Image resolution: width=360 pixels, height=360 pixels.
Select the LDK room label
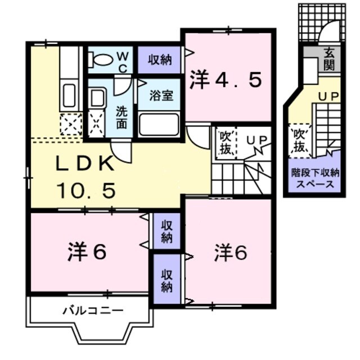click(85, 163)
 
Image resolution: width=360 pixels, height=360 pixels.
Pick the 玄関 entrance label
click(328, 59)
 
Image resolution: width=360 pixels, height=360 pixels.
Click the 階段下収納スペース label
click(312, 178)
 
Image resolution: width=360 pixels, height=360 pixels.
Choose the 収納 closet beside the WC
click(160, 59)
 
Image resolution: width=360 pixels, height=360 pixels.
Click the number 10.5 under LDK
click(85, 190)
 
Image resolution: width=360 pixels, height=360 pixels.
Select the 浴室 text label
click(160, 95)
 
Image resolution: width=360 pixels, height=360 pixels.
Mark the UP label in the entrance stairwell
click(328, 97)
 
